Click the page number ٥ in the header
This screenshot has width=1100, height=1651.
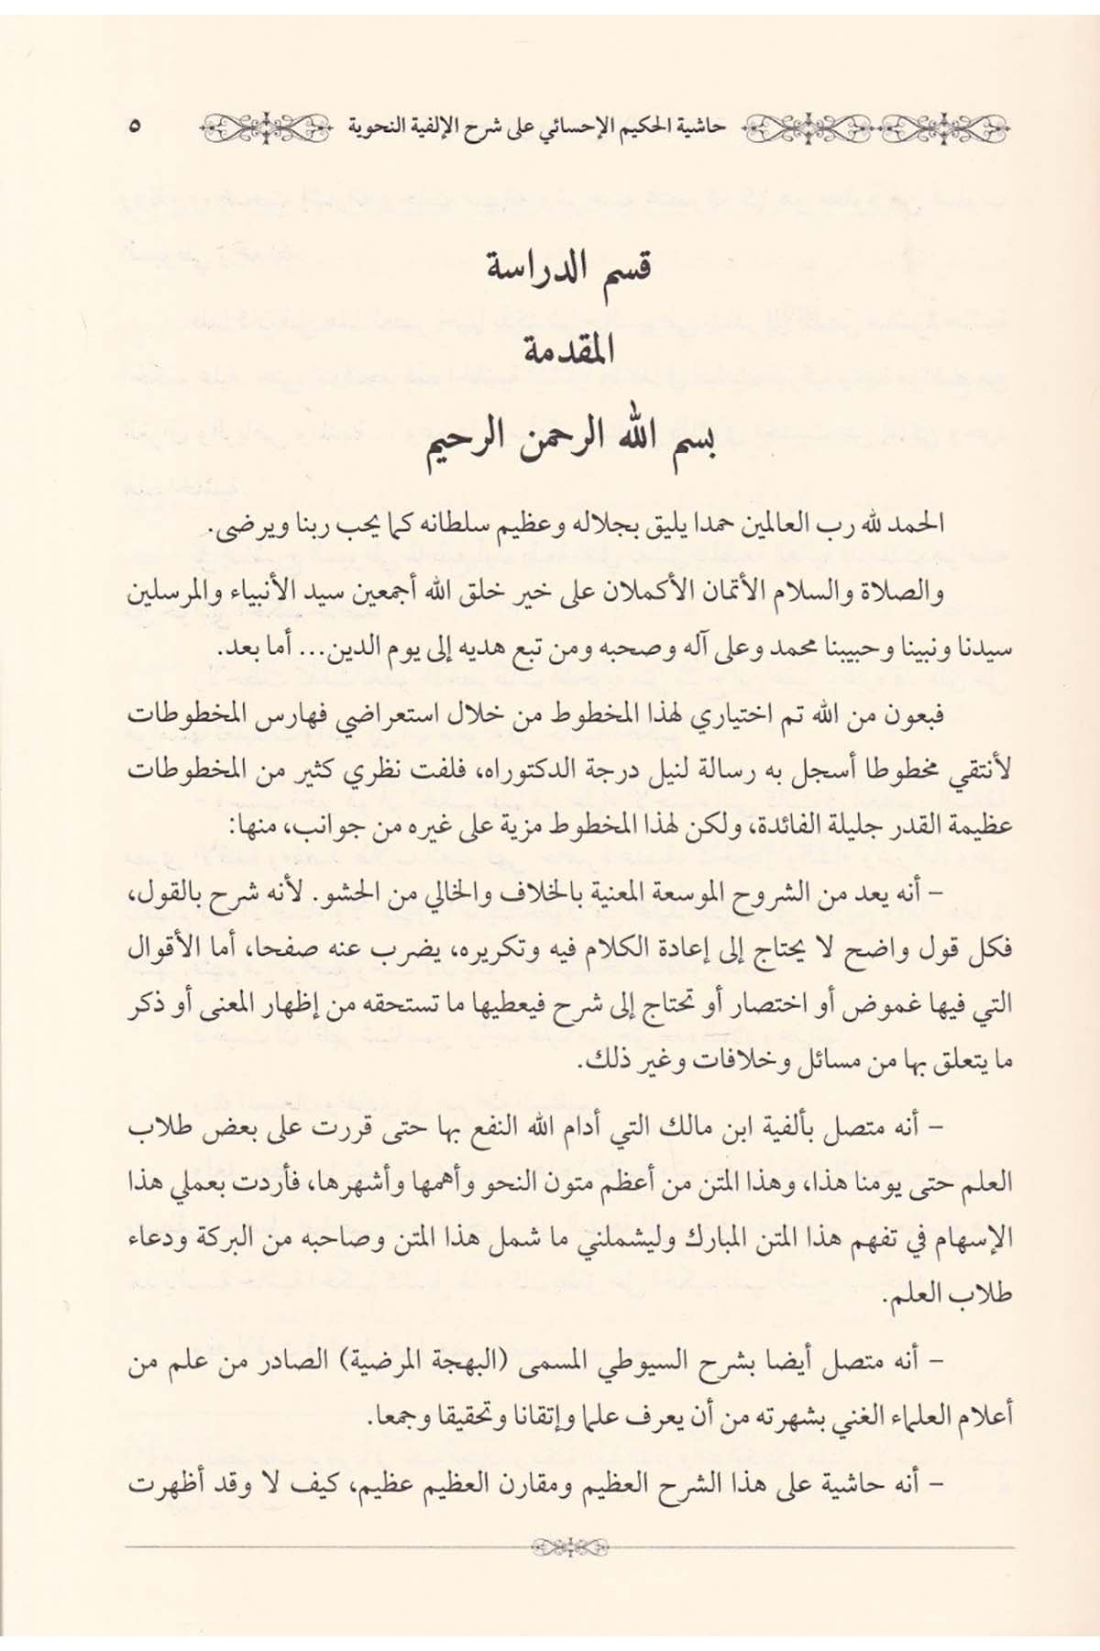(134, 126)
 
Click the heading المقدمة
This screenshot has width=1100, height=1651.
(569, 352)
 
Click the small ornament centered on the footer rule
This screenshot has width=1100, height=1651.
(569, 1549)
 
